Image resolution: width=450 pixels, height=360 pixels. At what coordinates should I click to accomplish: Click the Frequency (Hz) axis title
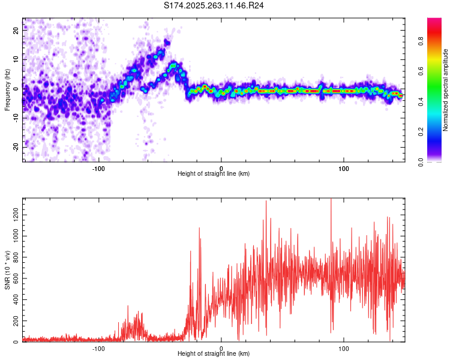[x=7, y=90]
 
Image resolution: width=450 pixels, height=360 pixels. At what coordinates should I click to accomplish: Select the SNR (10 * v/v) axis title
[x=7, y=270]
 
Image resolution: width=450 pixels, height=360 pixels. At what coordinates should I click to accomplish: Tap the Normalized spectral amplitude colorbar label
[x=446, y=90]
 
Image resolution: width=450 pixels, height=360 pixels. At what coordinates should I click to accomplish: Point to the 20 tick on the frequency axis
[x=16, y=31]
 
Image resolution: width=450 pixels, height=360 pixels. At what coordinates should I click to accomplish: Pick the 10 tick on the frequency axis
[x=16, y=60]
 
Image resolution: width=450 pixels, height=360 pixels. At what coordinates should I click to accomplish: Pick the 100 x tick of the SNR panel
[x=344, y=349]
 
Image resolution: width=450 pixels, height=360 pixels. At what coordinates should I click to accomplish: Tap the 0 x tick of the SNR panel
[x=221, y=349]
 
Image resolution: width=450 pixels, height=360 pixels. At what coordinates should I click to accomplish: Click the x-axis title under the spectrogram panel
[x=214, y=173]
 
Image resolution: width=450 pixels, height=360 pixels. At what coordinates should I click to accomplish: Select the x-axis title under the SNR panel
[x=214, y=355]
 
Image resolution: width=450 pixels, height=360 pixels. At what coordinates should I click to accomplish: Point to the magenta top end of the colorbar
[x=434, y=22]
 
